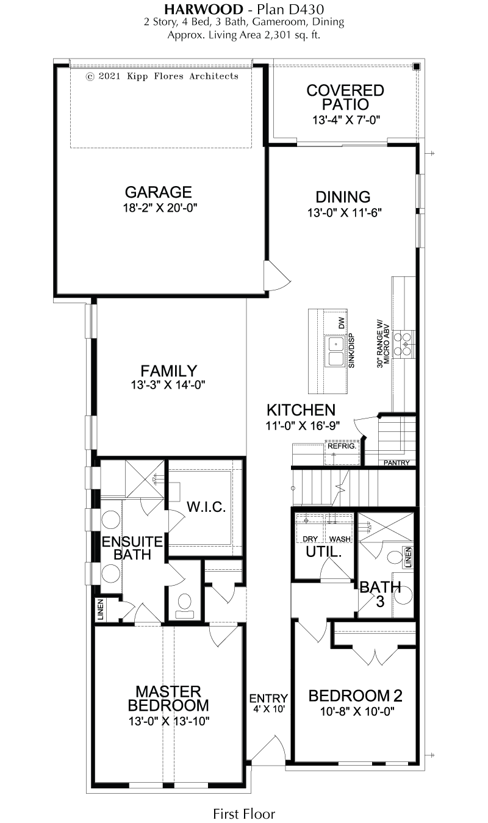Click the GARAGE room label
click(x=159, y=192)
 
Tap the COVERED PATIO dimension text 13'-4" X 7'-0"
click(x=346, y=120)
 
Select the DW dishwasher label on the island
click(x=342, y=323)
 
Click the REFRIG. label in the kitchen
click(x=342, y=447)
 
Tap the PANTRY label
click(x=396, y=463)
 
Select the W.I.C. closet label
click(x=206, y=507)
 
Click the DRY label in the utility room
click(x=310, y=539)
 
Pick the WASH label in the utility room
click(x=340, y=539)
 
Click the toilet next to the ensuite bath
click(x=184, y=606)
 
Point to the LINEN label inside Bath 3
click(x=409, y=558)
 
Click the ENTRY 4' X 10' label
click(x=268, y=703)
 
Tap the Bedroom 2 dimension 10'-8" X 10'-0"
click(x=357, y=712)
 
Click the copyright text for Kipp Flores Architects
click(x=162, y=76)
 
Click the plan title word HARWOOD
click(x=204, y=9)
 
